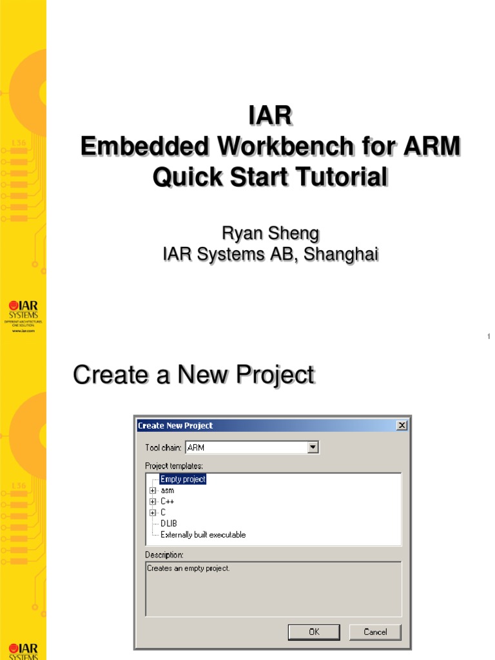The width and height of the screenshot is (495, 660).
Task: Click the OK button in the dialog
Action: (314, 632)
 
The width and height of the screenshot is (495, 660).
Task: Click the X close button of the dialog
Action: (402, 425)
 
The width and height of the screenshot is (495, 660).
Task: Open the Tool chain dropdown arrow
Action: (313, 447)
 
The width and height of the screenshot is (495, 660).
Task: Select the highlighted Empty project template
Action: (183, 480)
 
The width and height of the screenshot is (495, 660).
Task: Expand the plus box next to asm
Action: (153, 490)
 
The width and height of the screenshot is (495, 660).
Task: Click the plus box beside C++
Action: (153, 501)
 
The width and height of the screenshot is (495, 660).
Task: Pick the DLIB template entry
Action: (169, 523)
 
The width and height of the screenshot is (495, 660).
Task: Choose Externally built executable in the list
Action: (203, 535)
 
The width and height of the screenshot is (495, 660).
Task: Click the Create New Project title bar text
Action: (175, 425)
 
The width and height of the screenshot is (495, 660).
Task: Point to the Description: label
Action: (164, 555)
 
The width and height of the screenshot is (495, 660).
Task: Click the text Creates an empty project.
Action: (188, 568)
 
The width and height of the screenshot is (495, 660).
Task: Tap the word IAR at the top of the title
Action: (270, 117)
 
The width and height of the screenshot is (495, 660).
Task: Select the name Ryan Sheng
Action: (270, 233)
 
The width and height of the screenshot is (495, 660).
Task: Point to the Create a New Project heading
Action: (193, 374)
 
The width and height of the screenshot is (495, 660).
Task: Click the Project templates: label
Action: (174, 466)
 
